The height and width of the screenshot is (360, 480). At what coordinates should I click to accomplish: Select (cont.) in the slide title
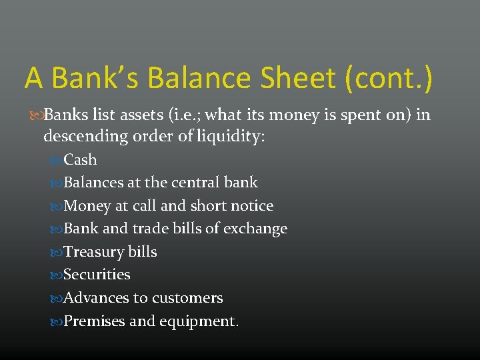coord(389,77)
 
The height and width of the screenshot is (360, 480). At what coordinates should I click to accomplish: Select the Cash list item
coord(80,160)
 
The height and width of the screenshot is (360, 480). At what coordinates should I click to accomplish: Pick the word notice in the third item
coord(251,206)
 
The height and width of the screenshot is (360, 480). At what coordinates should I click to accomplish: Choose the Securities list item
coord(97,275)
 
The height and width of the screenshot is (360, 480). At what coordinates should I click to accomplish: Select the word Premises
coord(94,321)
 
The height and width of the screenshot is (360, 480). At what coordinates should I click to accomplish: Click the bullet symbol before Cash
coord(57,161)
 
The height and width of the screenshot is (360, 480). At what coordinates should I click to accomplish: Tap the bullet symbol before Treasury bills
coord(57,253)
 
